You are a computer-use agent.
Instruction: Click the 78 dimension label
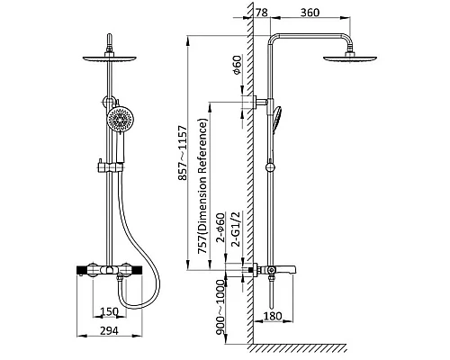pos(262,13)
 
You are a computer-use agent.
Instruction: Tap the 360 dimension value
pos(310,13)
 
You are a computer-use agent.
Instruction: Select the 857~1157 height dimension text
pos(183,153)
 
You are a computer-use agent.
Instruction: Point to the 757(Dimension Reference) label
pos(202,186)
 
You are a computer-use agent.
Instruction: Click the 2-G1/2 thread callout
pos(237,229)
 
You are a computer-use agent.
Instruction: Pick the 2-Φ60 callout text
pos(220,228)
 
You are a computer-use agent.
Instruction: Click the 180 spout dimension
pos(273,316)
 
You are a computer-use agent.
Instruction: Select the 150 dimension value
pos(109,311)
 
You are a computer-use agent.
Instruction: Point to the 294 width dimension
pos(109,331)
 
